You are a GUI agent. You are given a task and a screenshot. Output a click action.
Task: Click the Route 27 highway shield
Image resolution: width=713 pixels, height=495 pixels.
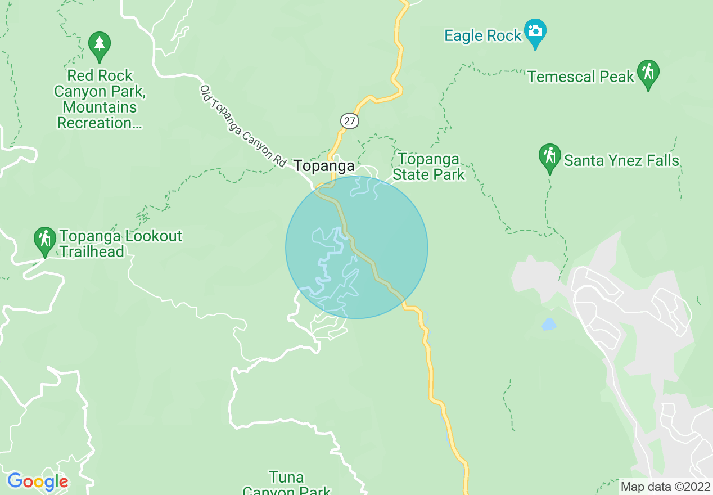pos(349,121)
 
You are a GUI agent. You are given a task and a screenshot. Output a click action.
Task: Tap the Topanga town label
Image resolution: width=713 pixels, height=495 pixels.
pos(324,166)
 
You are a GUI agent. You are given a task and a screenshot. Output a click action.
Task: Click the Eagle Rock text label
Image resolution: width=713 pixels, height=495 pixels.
pos(483,36)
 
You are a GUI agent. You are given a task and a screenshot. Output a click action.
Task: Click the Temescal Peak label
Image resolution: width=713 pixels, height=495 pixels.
pos(581,76)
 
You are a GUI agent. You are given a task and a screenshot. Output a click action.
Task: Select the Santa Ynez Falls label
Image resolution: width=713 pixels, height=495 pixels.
pos(621,161)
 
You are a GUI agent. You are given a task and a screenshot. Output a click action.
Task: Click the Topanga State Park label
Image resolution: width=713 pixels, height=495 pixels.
pos(428,167)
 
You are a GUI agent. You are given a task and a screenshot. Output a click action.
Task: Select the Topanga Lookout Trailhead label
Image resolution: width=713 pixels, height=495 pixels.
pos(120,244)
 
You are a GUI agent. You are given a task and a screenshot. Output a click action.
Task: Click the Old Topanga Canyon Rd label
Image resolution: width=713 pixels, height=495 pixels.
pos(243,126)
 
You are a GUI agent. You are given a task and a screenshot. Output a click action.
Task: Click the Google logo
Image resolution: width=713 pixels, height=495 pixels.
pos(38,482)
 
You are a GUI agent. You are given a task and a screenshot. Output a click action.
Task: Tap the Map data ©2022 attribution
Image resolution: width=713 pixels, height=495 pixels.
pos(665,487)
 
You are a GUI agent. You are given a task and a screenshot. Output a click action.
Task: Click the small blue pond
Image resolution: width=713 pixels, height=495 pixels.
pos(548,325)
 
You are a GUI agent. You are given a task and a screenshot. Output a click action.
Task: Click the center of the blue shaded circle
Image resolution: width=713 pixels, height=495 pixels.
pos(356,247)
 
